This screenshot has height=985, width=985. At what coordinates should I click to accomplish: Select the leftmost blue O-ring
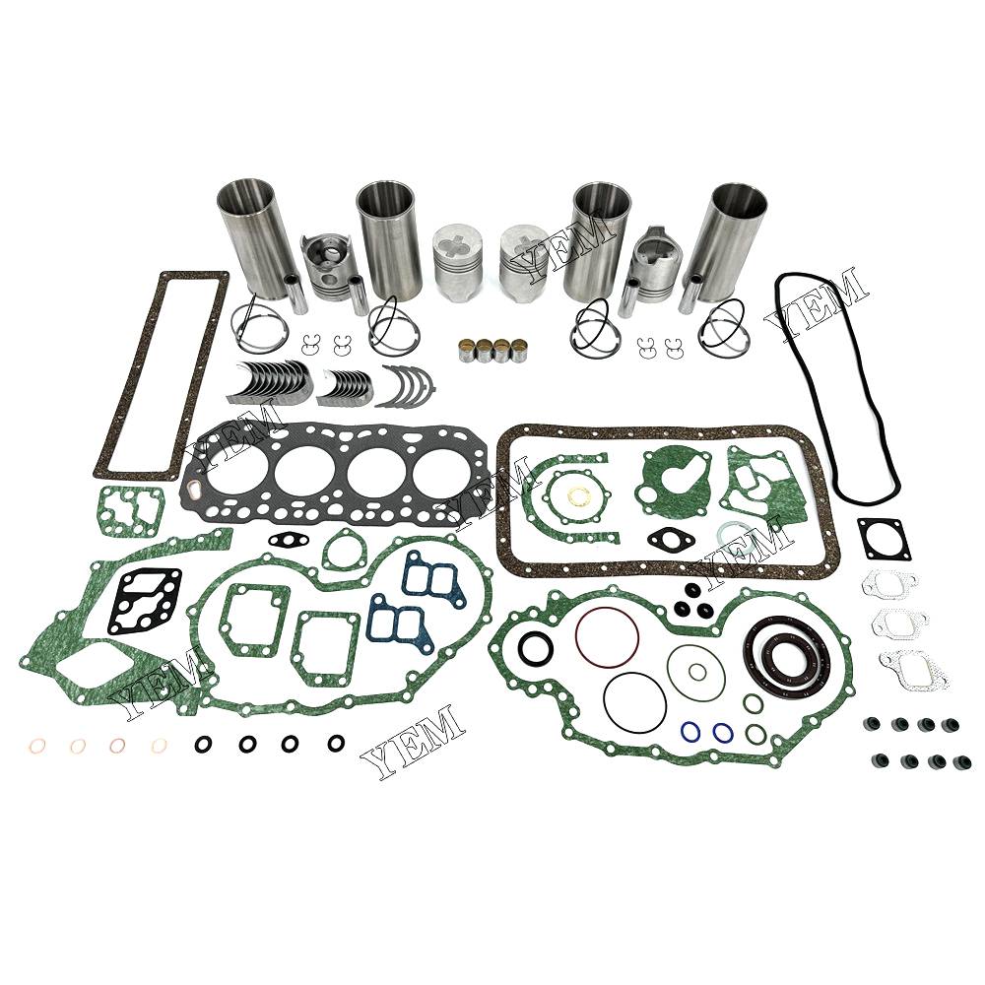[691, 731]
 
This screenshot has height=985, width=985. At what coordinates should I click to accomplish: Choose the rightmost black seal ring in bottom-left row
[336, 743]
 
